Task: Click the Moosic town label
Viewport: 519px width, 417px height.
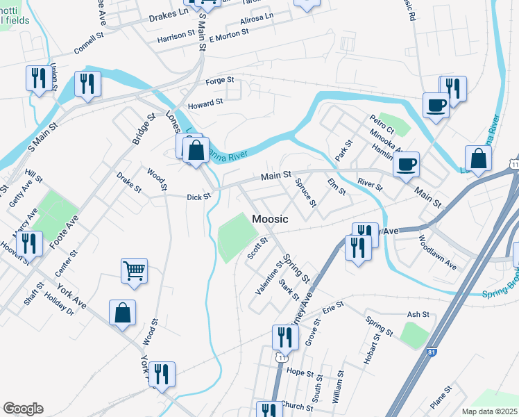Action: [x=270, y=219]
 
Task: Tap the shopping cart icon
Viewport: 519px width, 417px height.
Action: [x=134, y=270]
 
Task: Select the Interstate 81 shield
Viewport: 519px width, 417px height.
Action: [x=432, y=353]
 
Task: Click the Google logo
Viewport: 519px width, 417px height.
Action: [x=23, y=409]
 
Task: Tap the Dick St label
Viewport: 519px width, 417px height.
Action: [x=198, y=197]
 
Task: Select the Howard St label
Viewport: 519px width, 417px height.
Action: [x=205, y=102]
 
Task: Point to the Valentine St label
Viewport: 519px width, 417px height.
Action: [x=269, y=277]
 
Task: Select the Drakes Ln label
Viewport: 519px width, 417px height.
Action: [x=169, y=13]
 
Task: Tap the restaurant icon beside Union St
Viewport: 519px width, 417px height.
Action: [x=36, y=77]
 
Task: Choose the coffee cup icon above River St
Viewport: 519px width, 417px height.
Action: [x=406, y=164]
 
